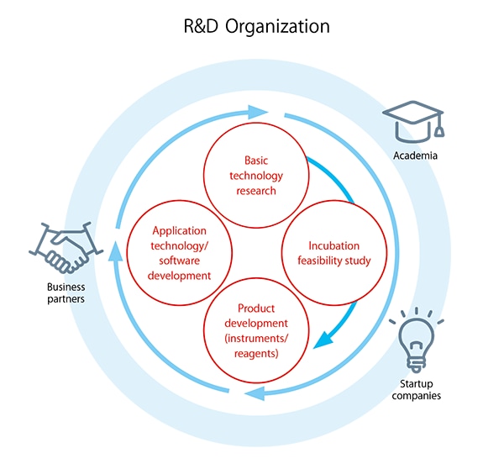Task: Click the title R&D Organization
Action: pyautogui.click(x=257, y=26)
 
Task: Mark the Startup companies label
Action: pyautogui.click(x=417, y=388)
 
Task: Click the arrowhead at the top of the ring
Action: pyautogui.click(x=260, y=111)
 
